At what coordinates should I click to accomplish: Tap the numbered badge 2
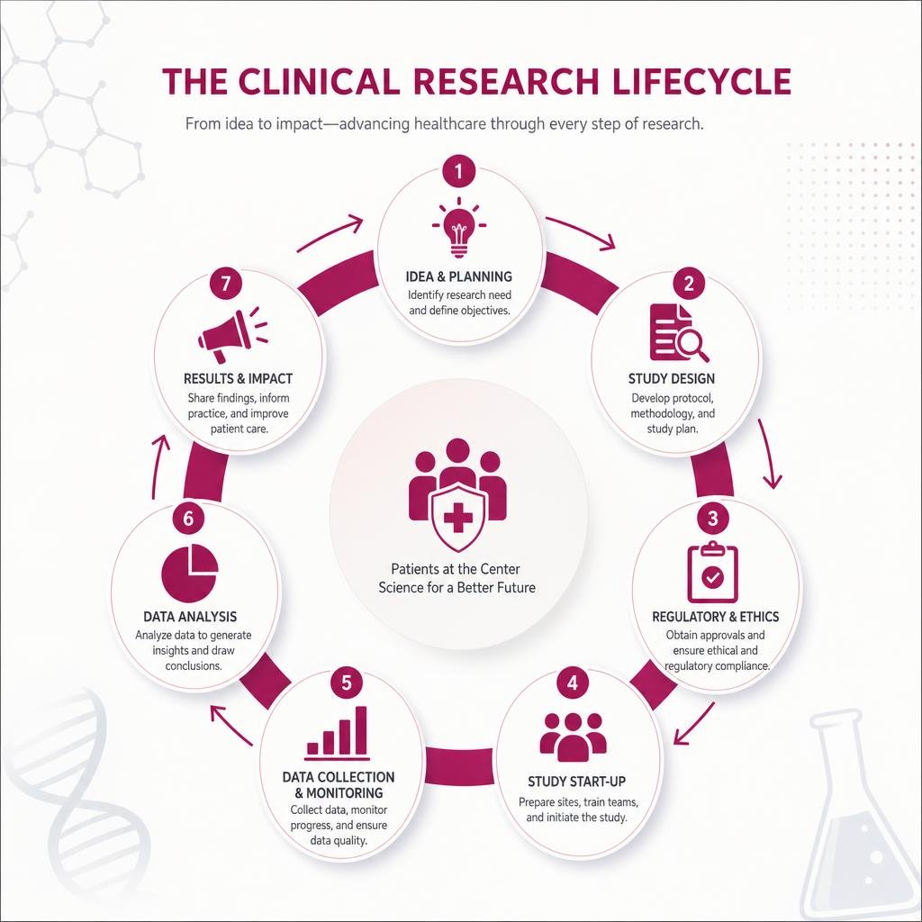689,284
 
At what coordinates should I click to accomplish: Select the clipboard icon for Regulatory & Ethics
713,572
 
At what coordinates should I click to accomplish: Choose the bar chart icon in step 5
338,733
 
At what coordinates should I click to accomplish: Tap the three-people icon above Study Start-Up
573,737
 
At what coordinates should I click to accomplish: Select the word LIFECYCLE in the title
701,81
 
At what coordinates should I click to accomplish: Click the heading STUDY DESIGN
672,379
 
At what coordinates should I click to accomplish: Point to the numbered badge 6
188,518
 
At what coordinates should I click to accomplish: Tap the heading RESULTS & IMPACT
238,379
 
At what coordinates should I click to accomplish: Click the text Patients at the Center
456,569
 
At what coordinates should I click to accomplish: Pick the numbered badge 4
573,683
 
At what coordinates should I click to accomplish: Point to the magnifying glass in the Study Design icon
692,344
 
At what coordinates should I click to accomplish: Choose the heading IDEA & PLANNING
458,276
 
